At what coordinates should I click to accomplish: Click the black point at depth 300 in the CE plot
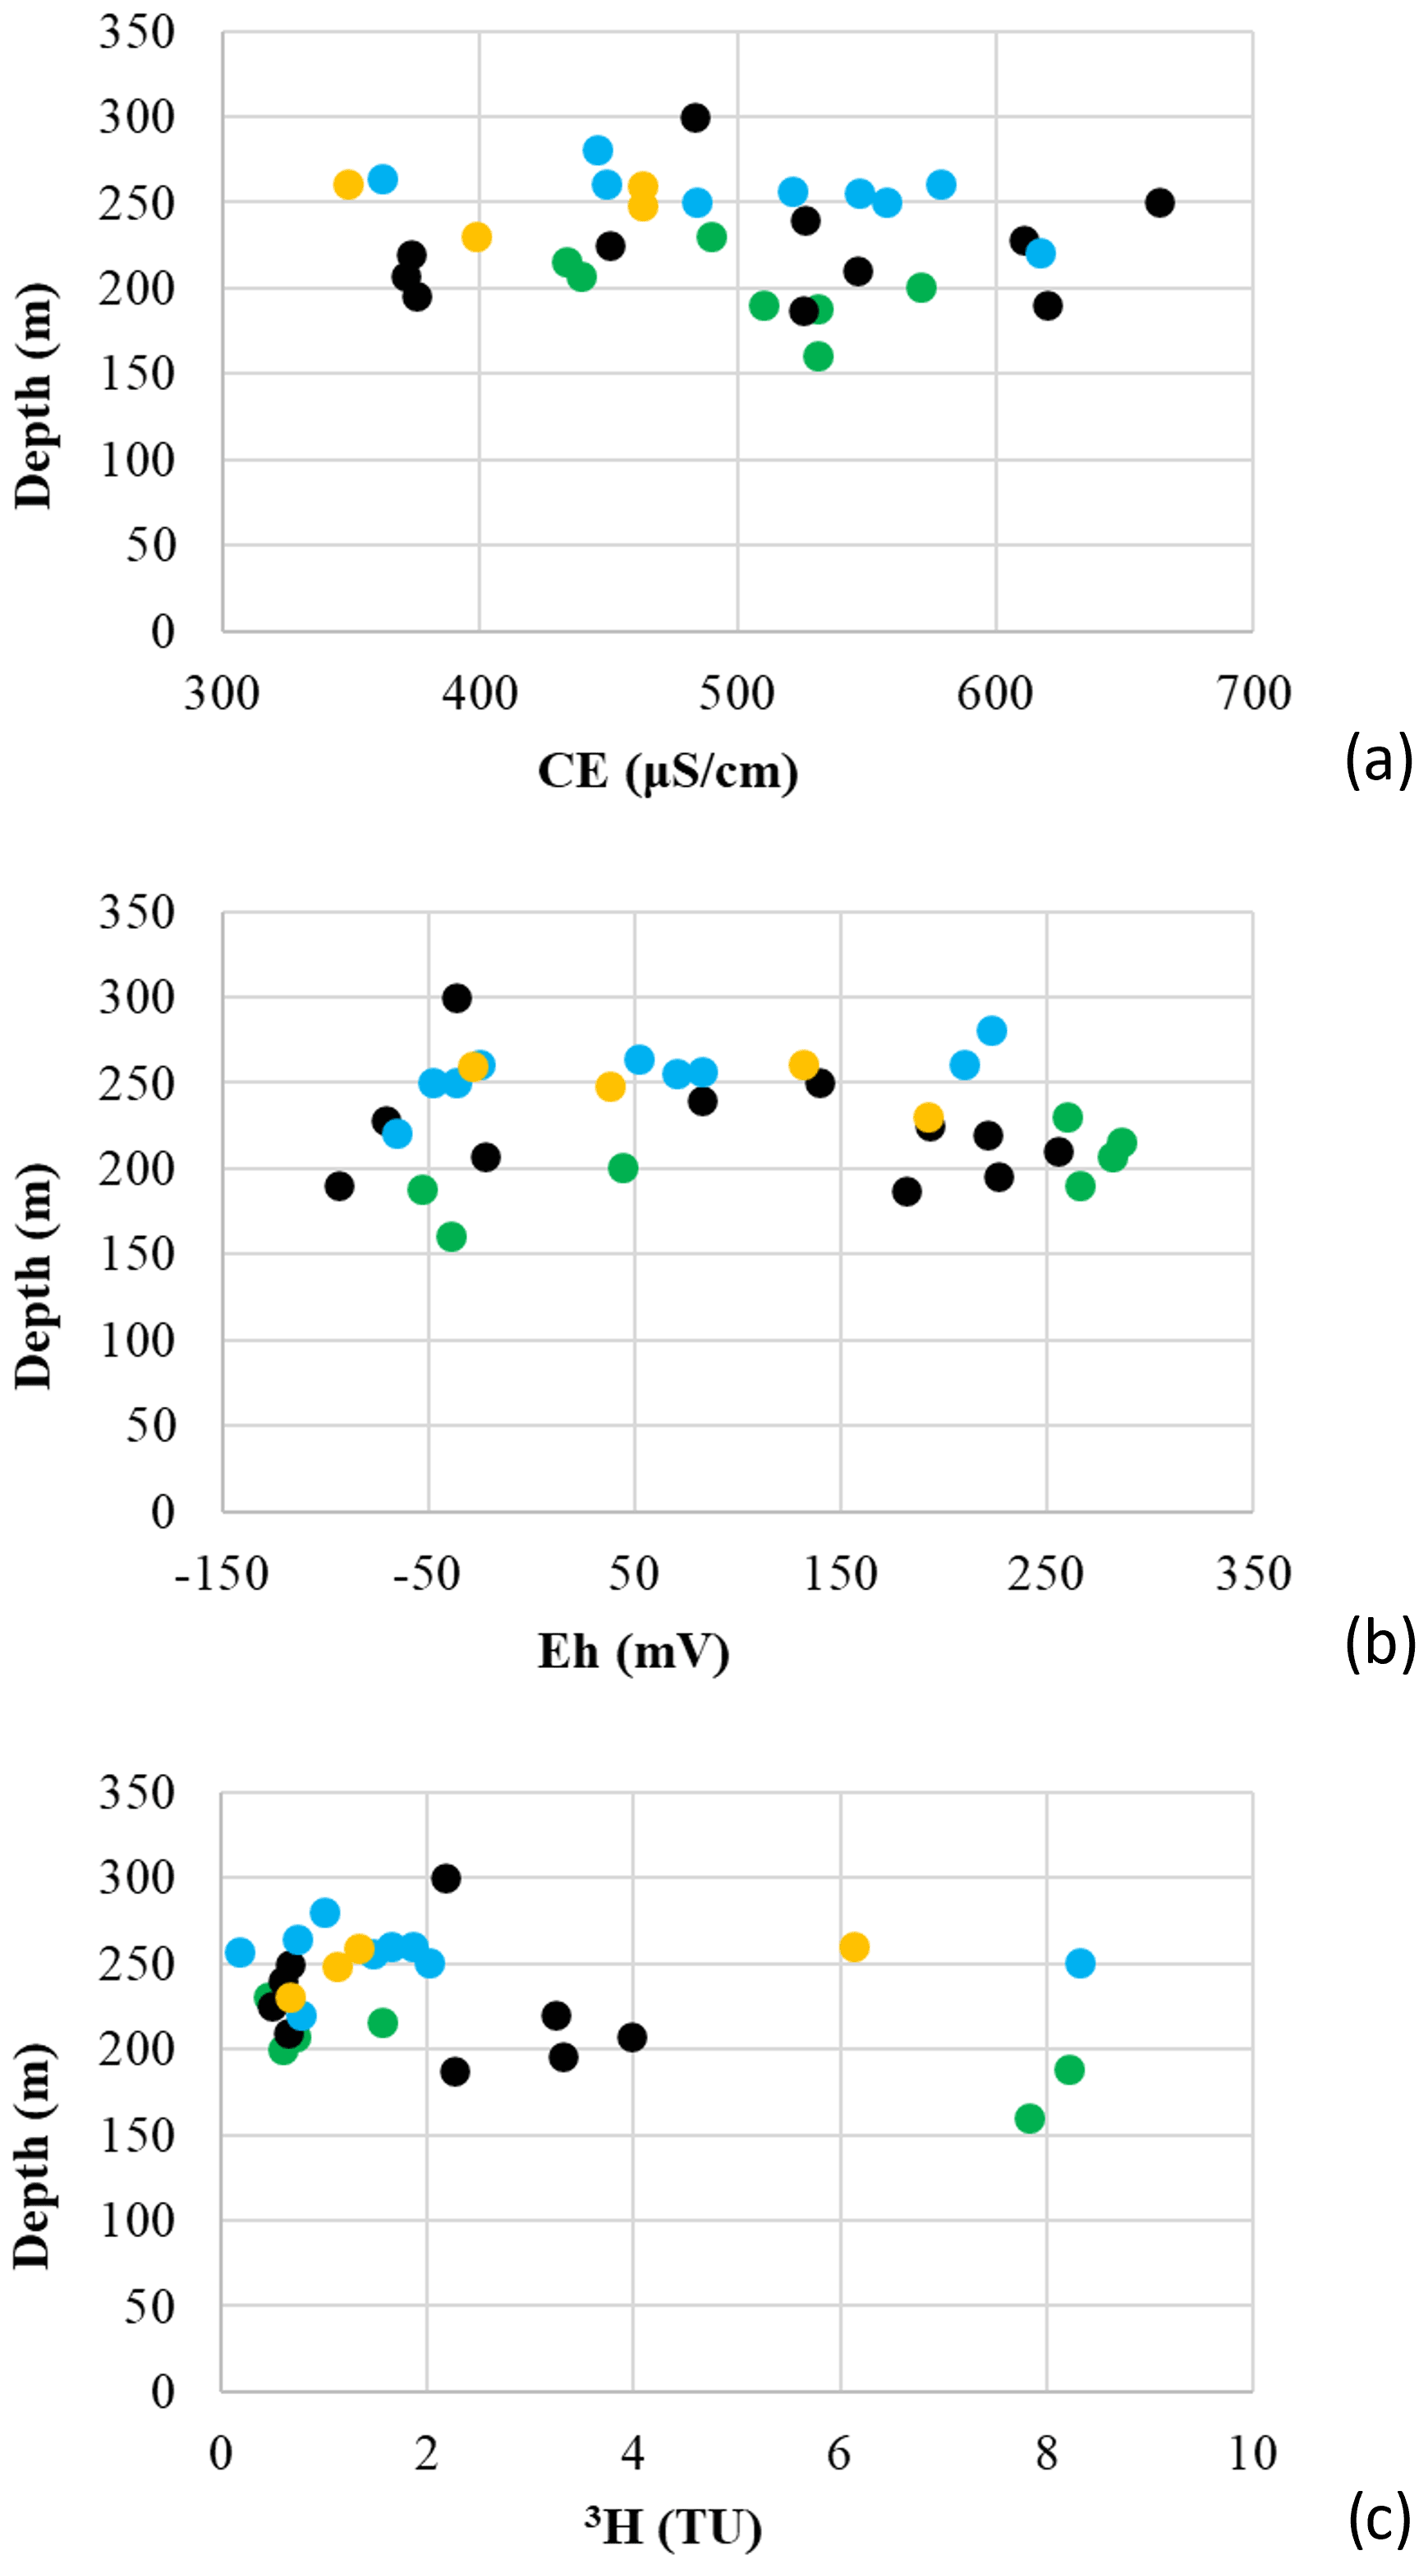coord(695,117)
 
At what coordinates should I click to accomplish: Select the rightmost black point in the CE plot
coord(1159,202)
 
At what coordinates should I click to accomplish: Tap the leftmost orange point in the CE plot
coord(348,185)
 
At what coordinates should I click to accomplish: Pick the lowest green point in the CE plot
coord(818,356)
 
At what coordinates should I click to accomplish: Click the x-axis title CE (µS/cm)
coord(668,772)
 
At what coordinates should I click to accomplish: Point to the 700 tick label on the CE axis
coord(1253,694)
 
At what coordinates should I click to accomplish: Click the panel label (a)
coord(1379,759)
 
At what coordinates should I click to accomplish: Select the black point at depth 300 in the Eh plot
coord(457,997)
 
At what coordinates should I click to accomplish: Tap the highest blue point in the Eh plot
coord(991,1030)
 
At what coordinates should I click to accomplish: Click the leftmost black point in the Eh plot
coord(339,1186)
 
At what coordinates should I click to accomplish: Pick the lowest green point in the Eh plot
coord(452,1237)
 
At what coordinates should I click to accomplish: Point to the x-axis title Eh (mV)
coord(634,1652)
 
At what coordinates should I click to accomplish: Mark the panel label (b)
coord(1380,1641)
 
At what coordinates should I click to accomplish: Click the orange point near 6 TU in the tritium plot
coord(854,1946)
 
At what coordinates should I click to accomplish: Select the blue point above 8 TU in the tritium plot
coord(1080,1963)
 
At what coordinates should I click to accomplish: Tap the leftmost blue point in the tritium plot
coord(239,1951)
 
